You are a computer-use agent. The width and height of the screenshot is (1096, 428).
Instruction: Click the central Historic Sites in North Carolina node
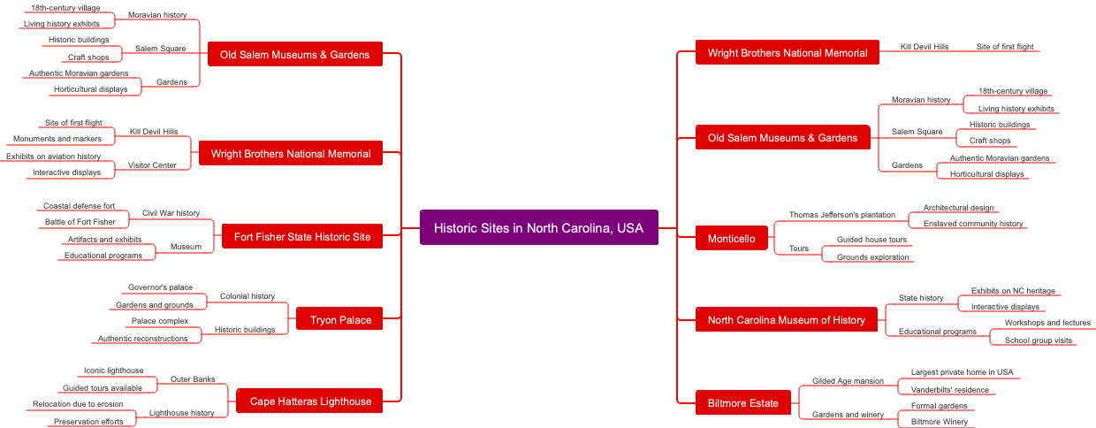(538, 227)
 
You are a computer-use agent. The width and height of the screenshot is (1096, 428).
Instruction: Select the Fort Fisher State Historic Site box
(301, 236)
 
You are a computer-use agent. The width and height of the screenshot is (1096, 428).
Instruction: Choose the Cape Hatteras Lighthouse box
(310, 401)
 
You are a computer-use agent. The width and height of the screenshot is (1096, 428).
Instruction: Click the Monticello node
(731, 238)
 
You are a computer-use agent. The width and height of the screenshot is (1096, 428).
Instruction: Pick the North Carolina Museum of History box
(786, 319)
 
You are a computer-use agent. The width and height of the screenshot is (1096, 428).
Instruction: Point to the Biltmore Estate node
(742, 402)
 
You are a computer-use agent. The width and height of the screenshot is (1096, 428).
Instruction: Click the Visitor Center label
(152, 164)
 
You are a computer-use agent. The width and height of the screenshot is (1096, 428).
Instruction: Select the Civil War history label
(171, 213)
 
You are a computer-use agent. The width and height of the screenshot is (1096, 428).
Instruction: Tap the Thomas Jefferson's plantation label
(841, 215)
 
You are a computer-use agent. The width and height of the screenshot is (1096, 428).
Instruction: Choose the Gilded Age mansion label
(848, 381)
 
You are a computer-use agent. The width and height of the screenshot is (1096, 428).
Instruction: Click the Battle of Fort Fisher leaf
(80, 222)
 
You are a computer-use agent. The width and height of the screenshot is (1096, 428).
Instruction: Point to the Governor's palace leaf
(160, 287)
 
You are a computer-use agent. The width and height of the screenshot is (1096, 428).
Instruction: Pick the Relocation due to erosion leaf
(78, 404)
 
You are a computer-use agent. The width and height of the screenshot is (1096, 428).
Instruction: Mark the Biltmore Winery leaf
(939, 422)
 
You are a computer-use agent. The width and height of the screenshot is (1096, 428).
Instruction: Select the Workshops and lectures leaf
(1047, 323)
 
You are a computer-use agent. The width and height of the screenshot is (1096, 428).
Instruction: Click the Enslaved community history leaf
(972, 224)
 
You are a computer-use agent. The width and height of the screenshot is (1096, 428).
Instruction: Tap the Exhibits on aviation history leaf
(54, 157)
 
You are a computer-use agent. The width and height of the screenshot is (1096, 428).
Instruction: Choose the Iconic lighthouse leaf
(113, 371)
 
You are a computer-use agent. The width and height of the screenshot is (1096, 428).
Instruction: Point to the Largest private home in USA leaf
(962, 372)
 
